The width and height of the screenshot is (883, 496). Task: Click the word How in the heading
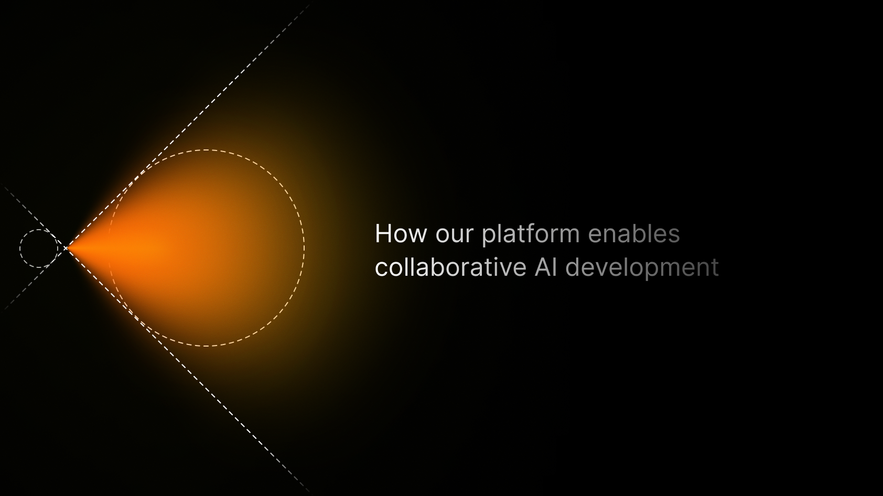click(400, 234)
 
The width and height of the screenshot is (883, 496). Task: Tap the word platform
click(530, 234)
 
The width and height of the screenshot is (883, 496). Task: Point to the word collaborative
click(450, 267)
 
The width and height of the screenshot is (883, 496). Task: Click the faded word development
click(642, 268)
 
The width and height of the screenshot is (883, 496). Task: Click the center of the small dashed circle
click(39, 249)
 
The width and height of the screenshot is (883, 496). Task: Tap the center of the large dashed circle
click(206, 248)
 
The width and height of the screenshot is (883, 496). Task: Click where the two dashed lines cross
click(66, 248)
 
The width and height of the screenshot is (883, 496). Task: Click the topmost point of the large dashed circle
click(206, 150)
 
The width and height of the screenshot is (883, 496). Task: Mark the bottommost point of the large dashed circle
click(206, 346)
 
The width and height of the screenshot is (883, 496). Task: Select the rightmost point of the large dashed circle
click(304, 248)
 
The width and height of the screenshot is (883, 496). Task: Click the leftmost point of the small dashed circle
click(20, 249)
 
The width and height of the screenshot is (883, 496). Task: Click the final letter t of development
click(715, 267)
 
